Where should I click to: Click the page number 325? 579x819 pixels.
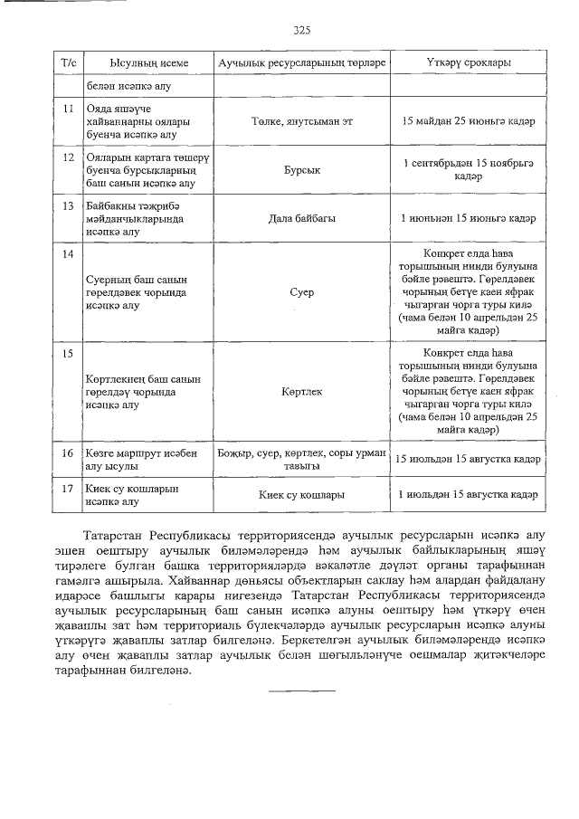click(302, 30)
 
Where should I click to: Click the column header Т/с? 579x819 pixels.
click(67, 62)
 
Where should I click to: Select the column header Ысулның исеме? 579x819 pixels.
click(148, 62)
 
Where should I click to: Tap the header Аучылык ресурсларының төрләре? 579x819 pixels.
click(301, 62)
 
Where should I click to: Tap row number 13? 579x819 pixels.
click(67, 205)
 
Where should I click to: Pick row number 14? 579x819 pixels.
click(67, 254)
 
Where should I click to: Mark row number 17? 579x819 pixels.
click(67, 489)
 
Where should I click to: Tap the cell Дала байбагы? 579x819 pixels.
click(301, 219)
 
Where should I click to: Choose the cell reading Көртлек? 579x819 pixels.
click(301, 392)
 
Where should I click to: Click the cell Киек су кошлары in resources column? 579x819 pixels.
click(301, 495)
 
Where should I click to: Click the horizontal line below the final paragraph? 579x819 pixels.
click(301, 691)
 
